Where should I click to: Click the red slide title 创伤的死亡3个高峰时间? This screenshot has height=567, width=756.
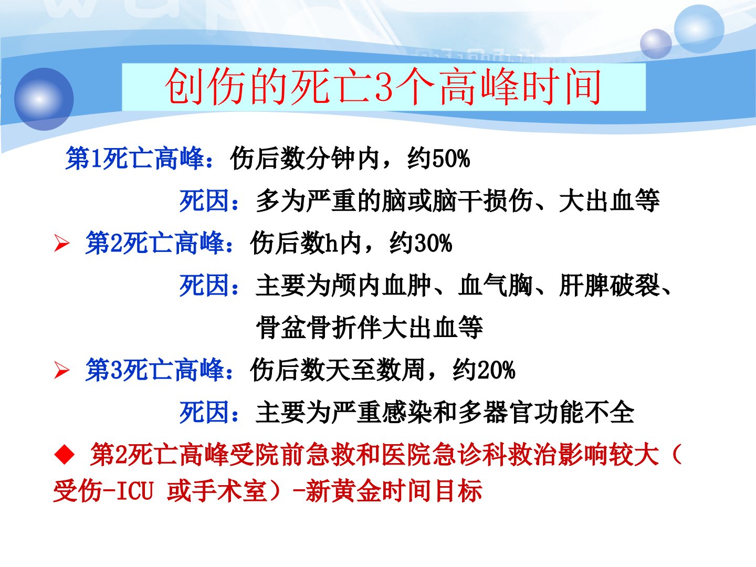pyautogui.click(x=383, y=87)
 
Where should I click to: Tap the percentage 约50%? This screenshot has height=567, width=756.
pyautogui.click(x=438, y=159)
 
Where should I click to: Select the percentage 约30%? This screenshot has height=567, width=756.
pyautogui.click(x=421, y=243)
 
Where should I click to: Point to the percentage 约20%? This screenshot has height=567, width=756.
pyautogui.click(x=484, y=370)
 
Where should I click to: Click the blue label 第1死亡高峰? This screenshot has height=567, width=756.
pyautogui.click(x=135, y=159)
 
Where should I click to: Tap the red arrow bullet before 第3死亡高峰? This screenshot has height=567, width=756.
pyautogui.click(x=62, y=371)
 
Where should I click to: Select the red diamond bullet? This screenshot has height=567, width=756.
pyautogui.click(x=65, y=455)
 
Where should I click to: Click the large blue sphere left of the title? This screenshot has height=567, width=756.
pyautogui.click(x=44, y=99)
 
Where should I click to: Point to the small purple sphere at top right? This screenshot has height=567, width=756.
pyautogui.click(x=656, y=44)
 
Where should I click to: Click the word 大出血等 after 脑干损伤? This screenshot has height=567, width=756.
pyautogui.click(x=609, y=201)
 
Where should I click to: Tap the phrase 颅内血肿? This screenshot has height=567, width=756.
pyautogui.click(x=381, y=286)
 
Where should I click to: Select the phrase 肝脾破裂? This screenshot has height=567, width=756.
pyautogui.click(x=609, y=286)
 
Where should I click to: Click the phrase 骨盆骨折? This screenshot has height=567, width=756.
pyautogui.click(x=306, y=328)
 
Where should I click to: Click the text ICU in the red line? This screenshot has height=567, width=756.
pyautogui.click(x=134, y=491)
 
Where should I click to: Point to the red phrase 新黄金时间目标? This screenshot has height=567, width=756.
pyautogui.click(x=394, y=490)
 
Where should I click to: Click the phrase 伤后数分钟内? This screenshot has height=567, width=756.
pyautogui.click(x=304, y=159)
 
